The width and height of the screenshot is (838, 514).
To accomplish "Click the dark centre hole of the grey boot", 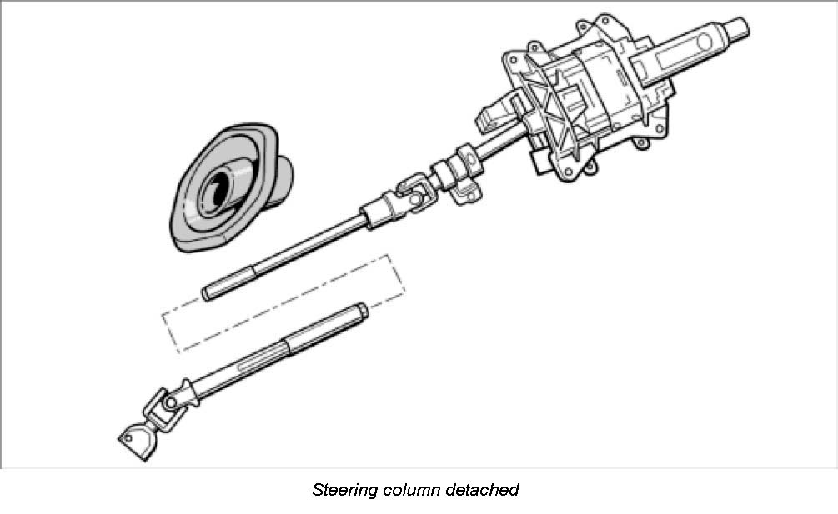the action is (219, 186).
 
